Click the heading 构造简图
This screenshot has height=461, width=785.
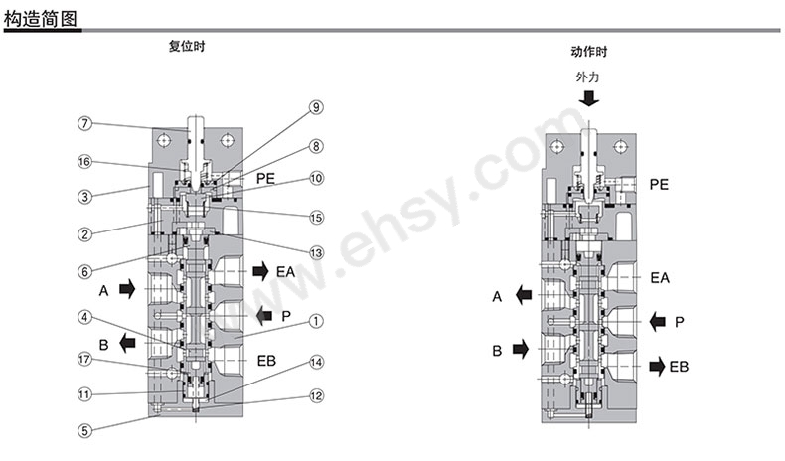[x=41, y=19]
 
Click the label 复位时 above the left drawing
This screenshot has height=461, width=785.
[x=187, y=46]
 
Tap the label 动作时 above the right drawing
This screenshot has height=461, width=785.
[x=588, y=52]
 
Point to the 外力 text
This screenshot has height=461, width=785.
[x=587, y=77]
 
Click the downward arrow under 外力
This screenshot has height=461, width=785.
[x=588, y=98]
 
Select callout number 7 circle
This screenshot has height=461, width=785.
[x=85, y=123]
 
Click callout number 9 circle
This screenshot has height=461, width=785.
[x=316, y=107]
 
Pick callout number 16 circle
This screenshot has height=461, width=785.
[x=84, y=161]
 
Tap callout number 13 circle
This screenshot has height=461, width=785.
[x=316, y=252]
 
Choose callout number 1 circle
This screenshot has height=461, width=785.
[x=316, y=321]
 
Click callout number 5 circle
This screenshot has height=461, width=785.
[x=85, y=430]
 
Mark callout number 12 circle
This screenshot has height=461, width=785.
[x=316, y=396]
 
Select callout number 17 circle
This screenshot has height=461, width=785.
[x=84, y=359]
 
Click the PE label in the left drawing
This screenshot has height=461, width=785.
[x=266, y=178]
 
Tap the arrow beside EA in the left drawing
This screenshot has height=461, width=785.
[x=260, y=272]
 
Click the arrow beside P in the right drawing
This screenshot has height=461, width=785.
[x=658, y=321]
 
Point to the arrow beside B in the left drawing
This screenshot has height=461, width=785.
[x=127, y=344]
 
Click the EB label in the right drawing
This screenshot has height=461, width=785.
[x=679, y=367]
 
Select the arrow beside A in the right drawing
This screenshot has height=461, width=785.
[x=524, y=295]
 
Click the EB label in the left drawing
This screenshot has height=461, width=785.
[x=266, y=361]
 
